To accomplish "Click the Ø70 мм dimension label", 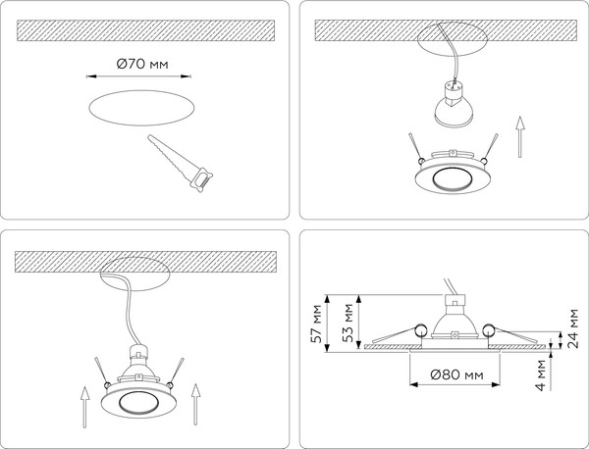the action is click(x=142, y=64).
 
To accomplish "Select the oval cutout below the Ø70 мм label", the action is click(x=141, y=108).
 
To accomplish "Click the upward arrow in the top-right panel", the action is click(x=520, y=137).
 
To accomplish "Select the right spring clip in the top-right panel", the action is click(x=490, y=149).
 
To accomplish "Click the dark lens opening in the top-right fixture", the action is click(x=453, y=180).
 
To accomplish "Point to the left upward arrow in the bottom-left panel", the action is click(x=85, y=408).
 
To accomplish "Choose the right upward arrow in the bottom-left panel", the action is click(x=195, y=404).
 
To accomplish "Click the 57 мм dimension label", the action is click(x=316, y=324).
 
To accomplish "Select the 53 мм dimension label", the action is click(x=348, y=323).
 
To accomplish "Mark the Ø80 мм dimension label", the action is click(x=456, y=374).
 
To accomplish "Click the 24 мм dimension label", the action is click(x=573, y=328).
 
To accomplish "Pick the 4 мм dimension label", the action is click(x=541, y=375).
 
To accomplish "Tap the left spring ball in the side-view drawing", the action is click(x=420, y=330).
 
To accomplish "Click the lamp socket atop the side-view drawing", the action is click(x=455, y=300).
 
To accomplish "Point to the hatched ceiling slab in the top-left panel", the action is click(x=145, y=30).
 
